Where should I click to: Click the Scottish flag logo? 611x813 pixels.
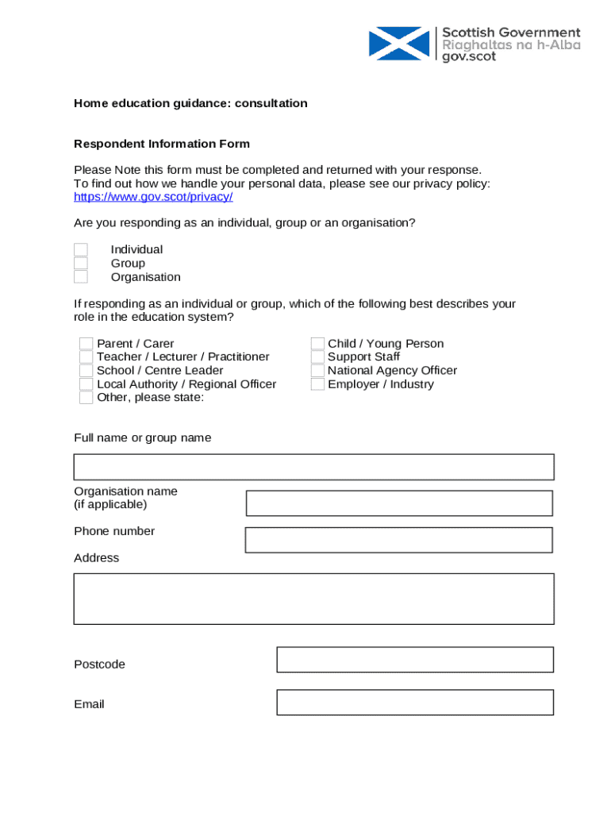point(399,44)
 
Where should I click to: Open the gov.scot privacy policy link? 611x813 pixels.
point(153,197)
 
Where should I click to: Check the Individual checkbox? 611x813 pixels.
point(81,250)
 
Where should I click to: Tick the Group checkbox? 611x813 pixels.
point(81,264)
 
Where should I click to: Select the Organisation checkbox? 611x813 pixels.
point(81,277)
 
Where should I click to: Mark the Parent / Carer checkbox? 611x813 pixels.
point(86,344)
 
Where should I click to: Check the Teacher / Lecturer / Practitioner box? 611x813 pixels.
point(86,357)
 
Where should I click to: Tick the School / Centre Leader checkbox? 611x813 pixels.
point(86,371)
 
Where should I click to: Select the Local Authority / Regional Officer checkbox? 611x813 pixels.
point(86,384)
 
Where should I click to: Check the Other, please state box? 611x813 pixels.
point(86,398)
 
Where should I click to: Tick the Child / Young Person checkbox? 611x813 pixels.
point(317,344)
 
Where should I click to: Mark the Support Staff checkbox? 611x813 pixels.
point(317,357)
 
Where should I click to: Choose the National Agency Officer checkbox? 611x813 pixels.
point(317,371)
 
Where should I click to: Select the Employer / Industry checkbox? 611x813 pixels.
point(317,384)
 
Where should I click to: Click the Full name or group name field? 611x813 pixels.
point(313,467)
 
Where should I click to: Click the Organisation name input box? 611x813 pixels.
point(399,503)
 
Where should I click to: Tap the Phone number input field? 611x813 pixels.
point(398,540)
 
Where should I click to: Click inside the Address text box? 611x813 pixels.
point(313,599)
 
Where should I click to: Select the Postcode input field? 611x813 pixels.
point(414,660)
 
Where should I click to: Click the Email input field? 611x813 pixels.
point(414,703)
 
